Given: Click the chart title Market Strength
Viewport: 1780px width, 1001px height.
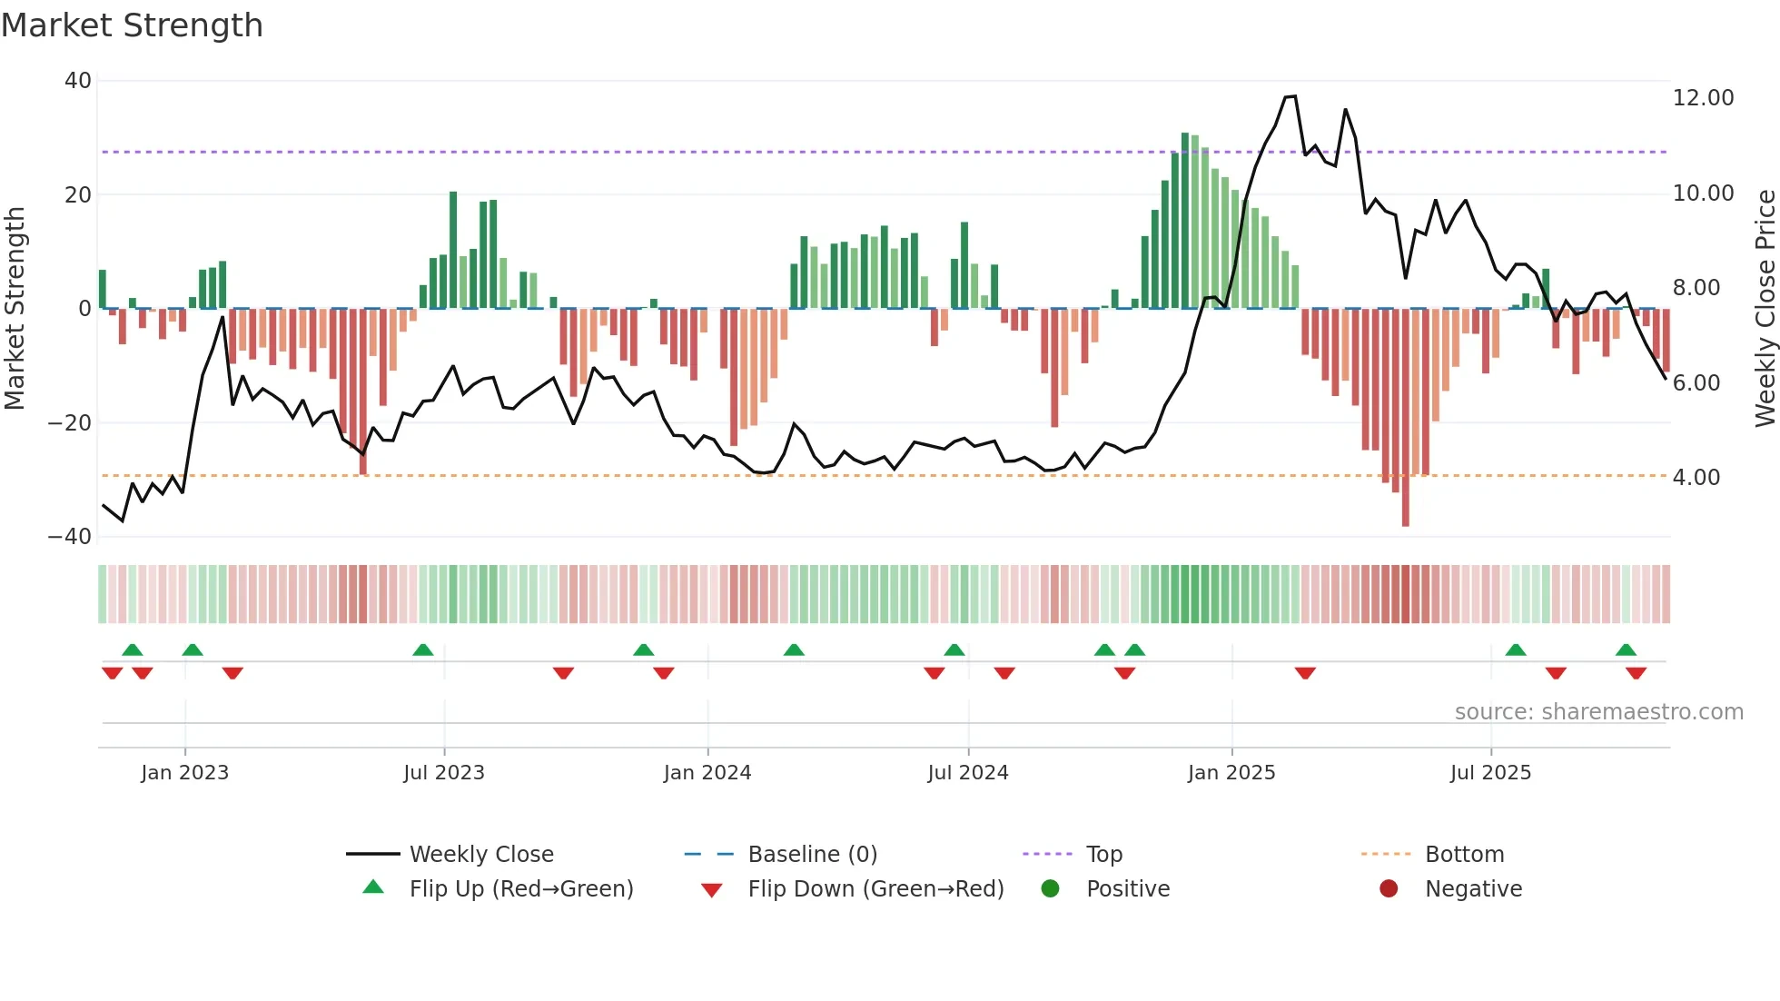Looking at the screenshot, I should coord(132,25).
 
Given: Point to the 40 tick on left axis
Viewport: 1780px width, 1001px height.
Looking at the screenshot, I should coord(78,81).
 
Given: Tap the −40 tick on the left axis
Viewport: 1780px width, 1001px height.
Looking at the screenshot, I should coord(70,537).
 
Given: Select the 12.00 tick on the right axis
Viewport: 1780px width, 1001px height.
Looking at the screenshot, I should coord(1703,98).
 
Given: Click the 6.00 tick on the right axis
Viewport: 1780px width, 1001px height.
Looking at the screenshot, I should coord(1696,383).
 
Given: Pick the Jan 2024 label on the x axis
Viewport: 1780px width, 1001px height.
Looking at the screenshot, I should coord(707,773).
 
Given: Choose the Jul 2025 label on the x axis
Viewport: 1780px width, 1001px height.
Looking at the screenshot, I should coord(1490,773).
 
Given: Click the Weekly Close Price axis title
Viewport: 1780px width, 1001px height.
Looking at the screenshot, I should coord(1765,309).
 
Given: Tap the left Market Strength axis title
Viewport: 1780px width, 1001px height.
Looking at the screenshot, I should coord(15,309).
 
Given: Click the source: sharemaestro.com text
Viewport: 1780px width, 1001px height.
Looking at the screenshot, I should coord(1598,712).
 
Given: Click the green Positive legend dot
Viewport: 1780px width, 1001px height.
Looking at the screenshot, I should coord(1051,889).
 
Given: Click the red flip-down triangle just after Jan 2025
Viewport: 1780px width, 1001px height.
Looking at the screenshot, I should coord(1305,673).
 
